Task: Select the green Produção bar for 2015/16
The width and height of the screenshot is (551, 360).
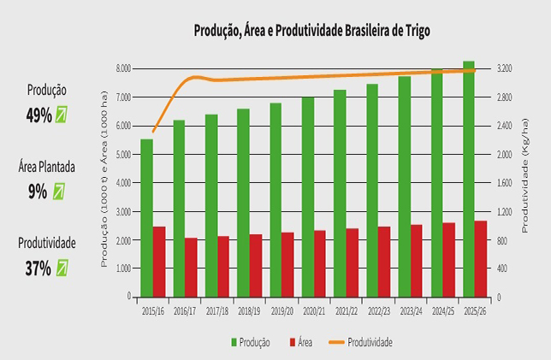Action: pyautogui.click(x=146, y=217)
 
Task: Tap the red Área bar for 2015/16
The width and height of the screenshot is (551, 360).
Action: pyautogui.click(x=159, y=261)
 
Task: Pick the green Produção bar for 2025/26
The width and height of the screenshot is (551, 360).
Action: pyautogui.click(x=469, y=179)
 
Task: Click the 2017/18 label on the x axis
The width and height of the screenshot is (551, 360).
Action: pyautogui.click(x=217, y=312)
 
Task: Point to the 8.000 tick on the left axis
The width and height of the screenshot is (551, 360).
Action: pyautogui.click(x=122, y=68)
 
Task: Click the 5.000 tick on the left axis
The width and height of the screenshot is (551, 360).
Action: pyautogui.click(x=122, y=154)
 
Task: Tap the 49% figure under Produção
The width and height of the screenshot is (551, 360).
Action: pyautogui.click(x=39, y=116)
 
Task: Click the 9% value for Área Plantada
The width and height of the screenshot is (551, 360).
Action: pyautogui.click(x=37, y=192)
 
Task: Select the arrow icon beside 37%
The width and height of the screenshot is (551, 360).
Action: pyautogui.click(x=62, y=268)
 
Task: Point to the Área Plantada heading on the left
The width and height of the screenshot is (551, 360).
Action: pyautogui.click(x=46, y=168)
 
